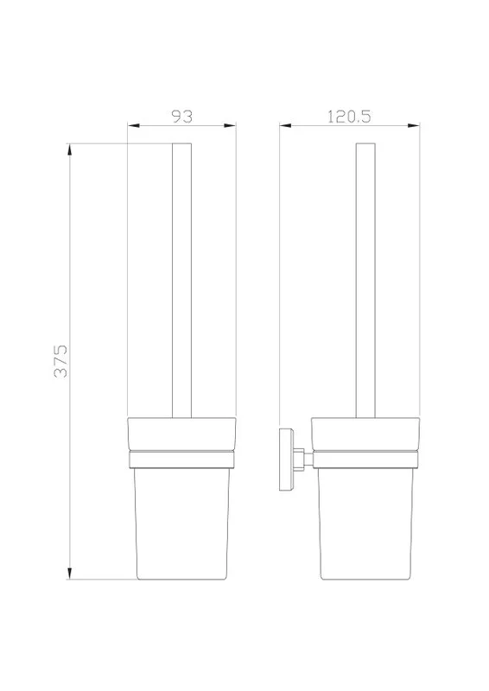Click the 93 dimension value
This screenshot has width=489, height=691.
pos(182,117)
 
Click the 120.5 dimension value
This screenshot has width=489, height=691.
pos(349,117)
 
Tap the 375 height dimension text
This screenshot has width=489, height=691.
pos(60,361)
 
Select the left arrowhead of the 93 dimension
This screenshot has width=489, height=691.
pos(134,125)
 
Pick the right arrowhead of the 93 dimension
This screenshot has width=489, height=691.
pos(230,125)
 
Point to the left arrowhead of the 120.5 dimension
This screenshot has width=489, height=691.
pos(285,125)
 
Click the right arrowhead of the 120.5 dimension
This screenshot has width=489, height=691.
pos(414,125)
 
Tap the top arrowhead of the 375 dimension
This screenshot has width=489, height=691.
pos(69,149)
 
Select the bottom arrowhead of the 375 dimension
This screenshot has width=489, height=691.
pos(69,573)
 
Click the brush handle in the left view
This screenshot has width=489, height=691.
pos(181,280)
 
